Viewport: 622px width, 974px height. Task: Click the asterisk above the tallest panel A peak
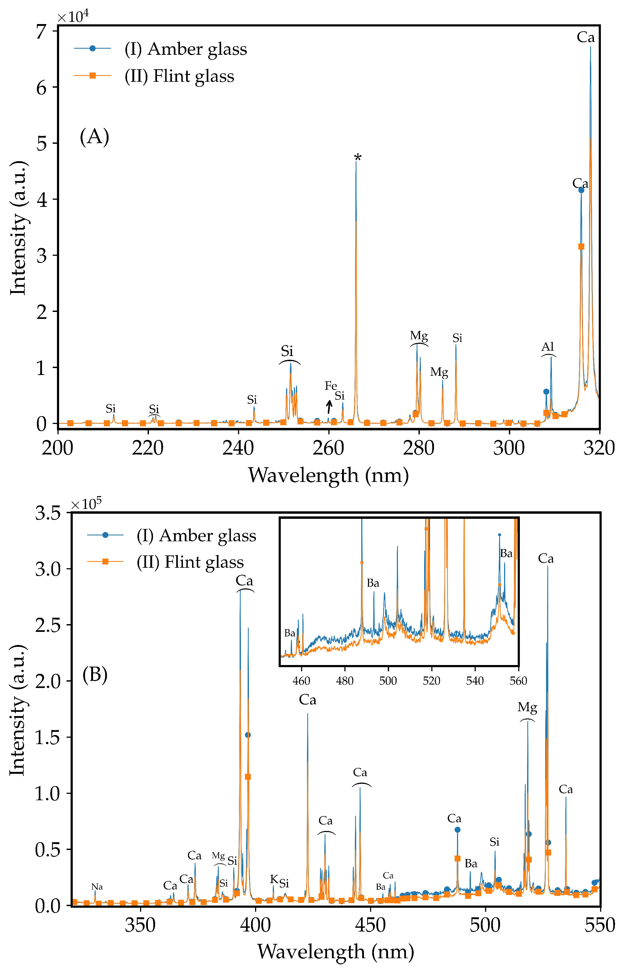pyautogui.click(x=357, y=158)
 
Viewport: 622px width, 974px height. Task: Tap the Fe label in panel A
pyautogui.click(x=330, y=386)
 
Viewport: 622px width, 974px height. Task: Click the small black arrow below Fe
pyautogui.click(x=329, y=407)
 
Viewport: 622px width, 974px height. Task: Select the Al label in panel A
pyautogui.click(x=548, y=347)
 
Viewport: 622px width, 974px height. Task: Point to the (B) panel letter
pyautogui.click(x=95, y=674)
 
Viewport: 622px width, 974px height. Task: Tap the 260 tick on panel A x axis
pyautogui.click(x=329, y=448)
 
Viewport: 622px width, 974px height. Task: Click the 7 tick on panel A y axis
pyautogui.click(x=41, y=32)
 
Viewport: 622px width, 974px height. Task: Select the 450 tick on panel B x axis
pyautogui.click(x=370, y=925)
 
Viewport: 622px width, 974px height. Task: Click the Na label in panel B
pyautogui.click(x=97, y=887)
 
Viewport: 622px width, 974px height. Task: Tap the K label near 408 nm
pyautogui.click(x=274, y=879)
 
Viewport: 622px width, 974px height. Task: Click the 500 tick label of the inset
pyautogui.click(x=388, y=681)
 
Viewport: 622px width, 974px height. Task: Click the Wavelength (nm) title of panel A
pyautogui.click(x=328, y=475)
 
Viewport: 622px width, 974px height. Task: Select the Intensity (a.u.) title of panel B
pyautogui.click(x=18, y=710)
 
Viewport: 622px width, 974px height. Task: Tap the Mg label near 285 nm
pyautogui.click(x=439, y=372)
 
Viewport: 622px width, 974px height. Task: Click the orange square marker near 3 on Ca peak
pyautogui.click(x=581, y=246)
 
